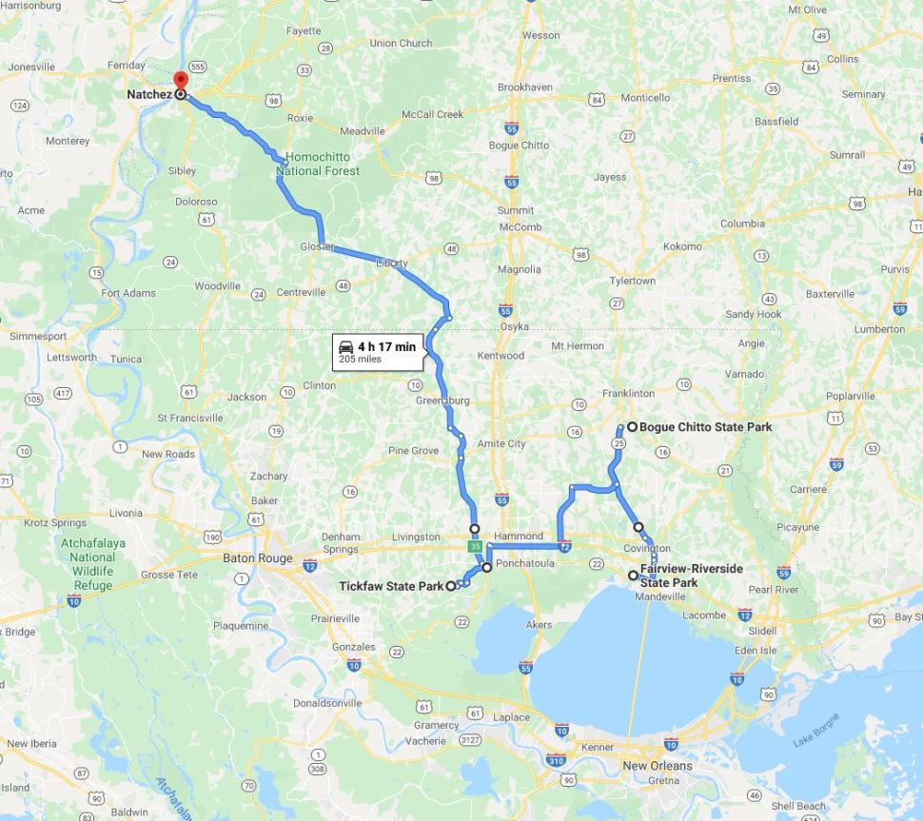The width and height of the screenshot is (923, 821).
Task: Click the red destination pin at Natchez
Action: click(180, 80)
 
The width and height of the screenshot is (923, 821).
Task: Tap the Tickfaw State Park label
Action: click(390, 586)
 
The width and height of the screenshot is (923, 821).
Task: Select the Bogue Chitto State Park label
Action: click(705, 427)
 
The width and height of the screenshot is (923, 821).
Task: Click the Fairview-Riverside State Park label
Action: click(691, 576)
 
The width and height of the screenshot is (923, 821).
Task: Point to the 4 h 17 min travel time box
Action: click(378, 352)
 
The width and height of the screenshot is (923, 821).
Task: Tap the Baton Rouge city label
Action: click(257, 558)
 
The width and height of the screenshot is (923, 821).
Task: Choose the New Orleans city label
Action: click(658, 766)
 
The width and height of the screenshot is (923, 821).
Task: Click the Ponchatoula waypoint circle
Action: click(487, 567)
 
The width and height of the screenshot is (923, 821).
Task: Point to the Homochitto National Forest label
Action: click(318, 164)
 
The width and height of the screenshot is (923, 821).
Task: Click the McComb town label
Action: click(520, 227)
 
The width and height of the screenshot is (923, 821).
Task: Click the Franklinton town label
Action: click(628, 393)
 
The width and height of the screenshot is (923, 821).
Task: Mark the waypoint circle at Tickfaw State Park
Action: click(451, 586)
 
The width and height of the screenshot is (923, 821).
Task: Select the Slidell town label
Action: click(762, 631)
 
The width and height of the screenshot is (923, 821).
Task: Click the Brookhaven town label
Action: click(524, 88)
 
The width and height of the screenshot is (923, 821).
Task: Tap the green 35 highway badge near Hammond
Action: click(474, 548)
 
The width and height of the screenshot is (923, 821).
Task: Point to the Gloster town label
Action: click(318, 247)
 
